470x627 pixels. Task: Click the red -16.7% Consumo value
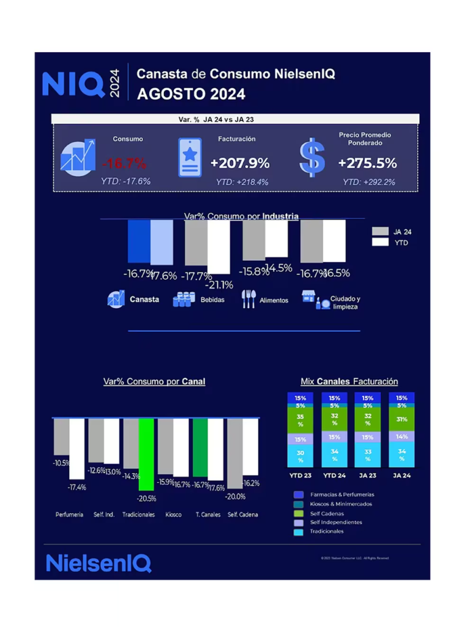point(124,163)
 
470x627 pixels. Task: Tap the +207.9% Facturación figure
point(240,163)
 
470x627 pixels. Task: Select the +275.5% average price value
point(367,163)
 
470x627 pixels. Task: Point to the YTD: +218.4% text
point(242,182)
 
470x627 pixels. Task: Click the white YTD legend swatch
point(381,243)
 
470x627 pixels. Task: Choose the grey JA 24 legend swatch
point(381,231)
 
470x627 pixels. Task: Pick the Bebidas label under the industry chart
point(212,300)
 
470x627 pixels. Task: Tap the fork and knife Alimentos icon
point(248,299)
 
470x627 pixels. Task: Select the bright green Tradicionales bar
point(146,454)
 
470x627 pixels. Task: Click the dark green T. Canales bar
point(200,447)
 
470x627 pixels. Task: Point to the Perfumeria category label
point(69,514)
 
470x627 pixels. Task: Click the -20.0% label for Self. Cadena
point(236,496)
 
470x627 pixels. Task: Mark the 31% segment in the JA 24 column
point(401,419)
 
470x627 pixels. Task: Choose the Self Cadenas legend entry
point(327,513)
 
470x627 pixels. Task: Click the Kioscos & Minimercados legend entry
point(340,504)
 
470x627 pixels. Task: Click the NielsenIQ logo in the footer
point(99,563)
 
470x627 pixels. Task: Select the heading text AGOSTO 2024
point(191,94)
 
